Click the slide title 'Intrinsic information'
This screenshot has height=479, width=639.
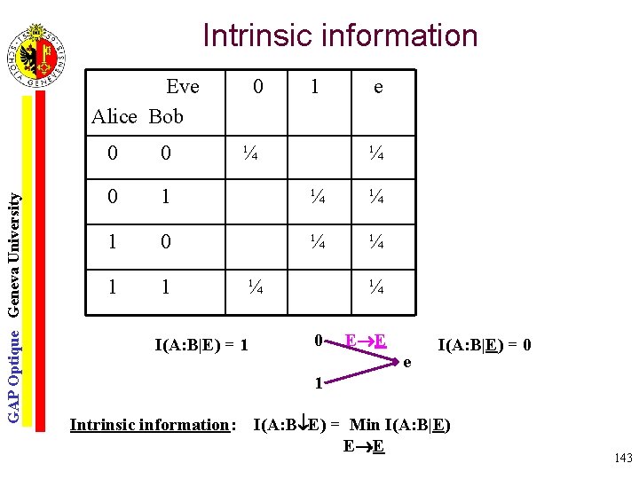coord(340,36)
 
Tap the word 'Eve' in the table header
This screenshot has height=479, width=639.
coord(183,87)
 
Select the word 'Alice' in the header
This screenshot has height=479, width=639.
coord(114,116)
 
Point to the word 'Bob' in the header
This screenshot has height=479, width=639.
coord(166,116)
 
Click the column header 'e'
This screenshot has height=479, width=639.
coord(378,87)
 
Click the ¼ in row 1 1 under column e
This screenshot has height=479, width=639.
coord(376,287)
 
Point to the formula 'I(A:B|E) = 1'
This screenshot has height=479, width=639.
coord(201,342)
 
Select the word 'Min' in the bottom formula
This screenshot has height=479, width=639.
coord(365,425)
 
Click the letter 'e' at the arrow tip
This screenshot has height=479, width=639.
coord(407,362)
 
